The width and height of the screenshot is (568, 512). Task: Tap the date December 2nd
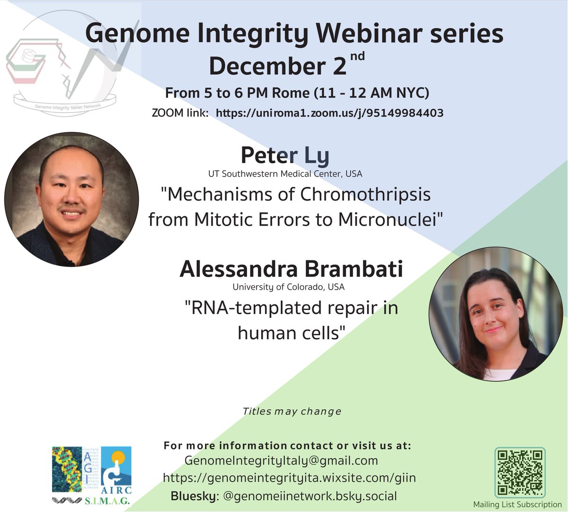coord(286,66)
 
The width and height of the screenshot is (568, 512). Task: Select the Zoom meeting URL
coord(329,113)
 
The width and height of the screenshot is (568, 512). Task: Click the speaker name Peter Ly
coord(284,155)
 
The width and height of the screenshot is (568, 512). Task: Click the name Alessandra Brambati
coord(291,269)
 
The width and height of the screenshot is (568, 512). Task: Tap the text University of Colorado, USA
coord(288,287)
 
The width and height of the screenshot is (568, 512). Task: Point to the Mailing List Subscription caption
coord(517,504)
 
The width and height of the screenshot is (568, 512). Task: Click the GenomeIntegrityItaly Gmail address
coord(281,460)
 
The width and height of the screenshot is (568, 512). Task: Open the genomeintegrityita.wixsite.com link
coord(289,478)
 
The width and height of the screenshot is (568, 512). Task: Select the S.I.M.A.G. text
coord(108,501)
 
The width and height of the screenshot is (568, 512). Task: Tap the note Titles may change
coord(292,411)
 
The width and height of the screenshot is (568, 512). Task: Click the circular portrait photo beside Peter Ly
coord(71,199)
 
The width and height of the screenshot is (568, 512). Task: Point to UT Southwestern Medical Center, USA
coord(285,174)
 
